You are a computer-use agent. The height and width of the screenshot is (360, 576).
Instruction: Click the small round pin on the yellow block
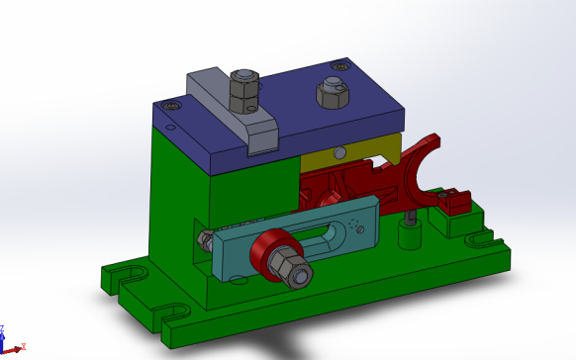(340, 153)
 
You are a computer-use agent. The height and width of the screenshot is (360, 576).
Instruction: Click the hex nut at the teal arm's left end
(207, 240)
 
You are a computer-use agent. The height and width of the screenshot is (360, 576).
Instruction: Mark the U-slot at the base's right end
(482, 237)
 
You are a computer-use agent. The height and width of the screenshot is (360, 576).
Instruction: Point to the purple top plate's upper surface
(297, 109)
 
